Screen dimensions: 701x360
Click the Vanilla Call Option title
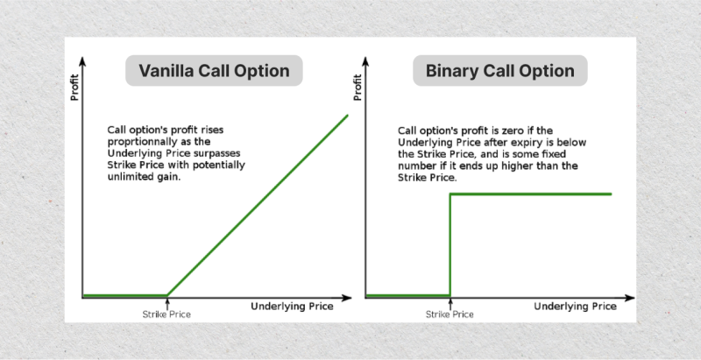pyautogui.click(x=214, y=71)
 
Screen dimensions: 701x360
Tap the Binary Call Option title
pyautogui.click(x=499, y=71)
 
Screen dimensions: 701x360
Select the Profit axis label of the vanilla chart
pyautogui.click(x=74, y=87)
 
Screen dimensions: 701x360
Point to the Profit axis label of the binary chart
pyautogui.click(x=358, y=87)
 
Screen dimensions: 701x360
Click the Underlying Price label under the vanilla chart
pyautogui.click(x=292, y=307)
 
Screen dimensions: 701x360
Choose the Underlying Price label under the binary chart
pyautogui.click(x=576, y=307)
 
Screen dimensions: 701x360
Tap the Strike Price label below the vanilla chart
pyautogui.click(x=166, y=314)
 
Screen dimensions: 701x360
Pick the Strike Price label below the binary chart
pyautogui.click(x=450, y=314)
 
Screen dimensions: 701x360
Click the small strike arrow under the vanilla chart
pyautogui.click(x=167, y=304)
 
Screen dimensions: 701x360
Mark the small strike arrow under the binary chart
pyautogui.click(x=450, y=304)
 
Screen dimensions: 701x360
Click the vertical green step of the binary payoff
pyautogui.click(x=450, y=244)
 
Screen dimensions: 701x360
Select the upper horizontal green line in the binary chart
pyautogui.click(x=531, y=194)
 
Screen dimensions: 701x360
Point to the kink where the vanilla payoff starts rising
pyautogui.click(x=167, y=295)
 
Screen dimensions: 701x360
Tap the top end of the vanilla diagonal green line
pyautogui.click(x=347, y=116)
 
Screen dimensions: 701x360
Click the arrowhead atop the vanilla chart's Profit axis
pyautogui.click(x=82, y=61)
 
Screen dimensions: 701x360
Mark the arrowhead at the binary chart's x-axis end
pyautogui.click(x=629, y=298)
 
